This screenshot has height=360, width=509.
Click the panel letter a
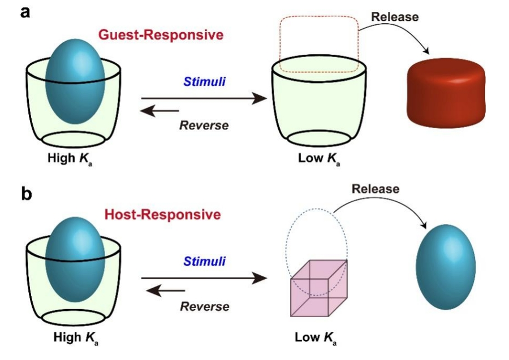pos(25,11)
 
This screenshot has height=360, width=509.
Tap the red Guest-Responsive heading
pos(161,34)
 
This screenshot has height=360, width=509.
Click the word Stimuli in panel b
pos(204,262)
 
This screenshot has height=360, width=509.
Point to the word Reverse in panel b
pos(205,306)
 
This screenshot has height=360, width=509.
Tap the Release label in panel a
pos(395,17)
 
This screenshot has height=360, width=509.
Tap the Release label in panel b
pos(376,189)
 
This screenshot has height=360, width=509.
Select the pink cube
pos(318,288)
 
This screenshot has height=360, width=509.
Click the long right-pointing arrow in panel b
pos(204,278)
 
